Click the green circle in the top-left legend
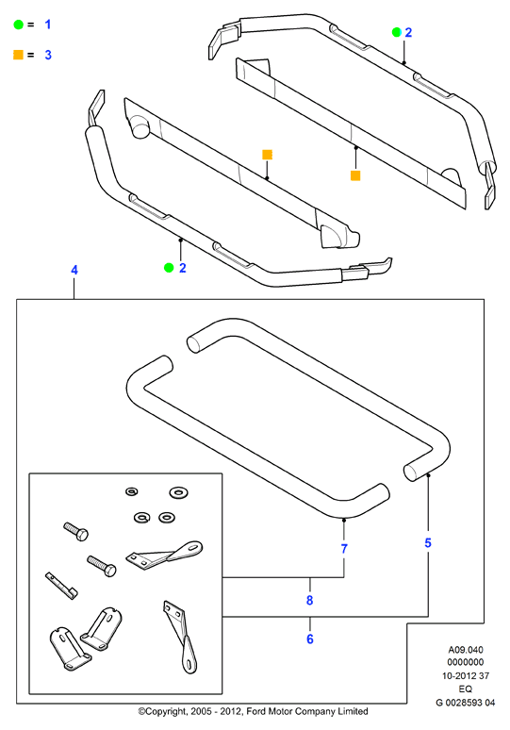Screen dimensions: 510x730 pyautogui.click(x=18, y=25)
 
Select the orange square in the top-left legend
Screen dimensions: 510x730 pyautogui.click(x=18, y=55)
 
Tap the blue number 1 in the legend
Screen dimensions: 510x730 pyautogui.click(x=47, y=25)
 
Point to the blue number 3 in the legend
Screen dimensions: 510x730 pyautogui.click(x=48, y=55)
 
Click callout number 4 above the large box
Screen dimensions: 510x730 pyautogui.click(x=74, y=270)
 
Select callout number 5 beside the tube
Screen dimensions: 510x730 pyautogui.click(x=428, y=543)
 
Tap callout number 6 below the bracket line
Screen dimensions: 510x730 pyautogui.click(x=310, y=639)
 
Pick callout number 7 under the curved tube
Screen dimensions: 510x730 pyautogui.click(x=344, y=549)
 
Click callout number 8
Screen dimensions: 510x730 pyautogui.click(x=310, y=601)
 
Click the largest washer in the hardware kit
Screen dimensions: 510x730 pyautogui.click(x=178, y=492)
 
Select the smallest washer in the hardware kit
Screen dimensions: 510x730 pyautogui.click(x=132, y=490)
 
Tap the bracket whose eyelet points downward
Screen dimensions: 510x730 pyautogui.click(x=181, y=637)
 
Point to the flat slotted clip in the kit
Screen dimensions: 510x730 pyautogui.click(x=61, y=585)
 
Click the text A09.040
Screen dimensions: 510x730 pyautogui.click(x=466, y=650)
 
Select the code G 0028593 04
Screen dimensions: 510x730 pyautogui.click(x=466, y=703)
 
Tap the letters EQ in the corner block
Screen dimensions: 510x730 pyautogui.click(x=466, y=689)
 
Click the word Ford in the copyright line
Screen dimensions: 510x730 pyautogui.click(x=255, y=711)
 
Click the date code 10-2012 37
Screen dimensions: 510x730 pyautogui.click(x=466, y=675)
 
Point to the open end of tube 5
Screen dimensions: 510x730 pyautogui.click(x=411, y=473)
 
